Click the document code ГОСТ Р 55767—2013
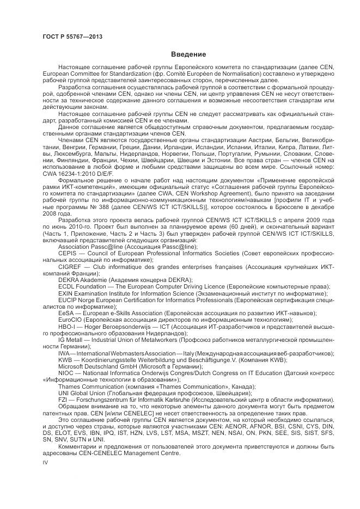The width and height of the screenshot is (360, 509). [x=72, y=36]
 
